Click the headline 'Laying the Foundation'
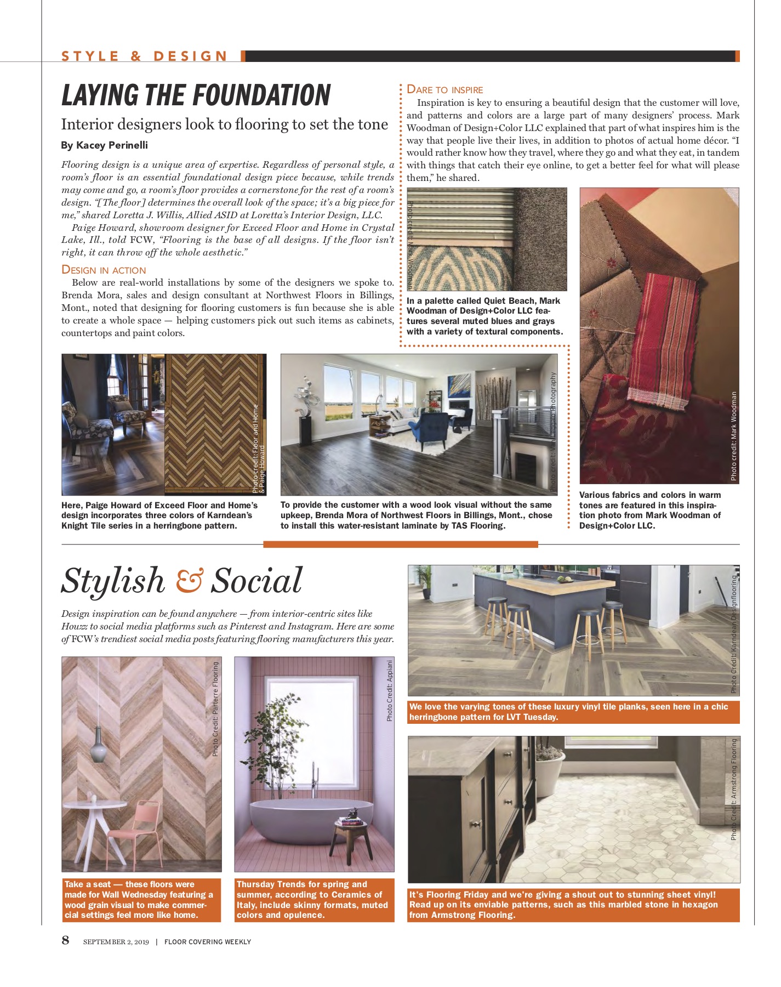196,95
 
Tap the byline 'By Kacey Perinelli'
104,145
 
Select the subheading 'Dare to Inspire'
445,90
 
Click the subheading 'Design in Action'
104,270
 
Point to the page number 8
66,940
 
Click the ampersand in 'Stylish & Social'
189,580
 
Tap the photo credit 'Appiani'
390,690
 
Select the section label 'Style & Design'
144,56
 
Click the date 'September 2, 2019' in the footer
116,942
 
